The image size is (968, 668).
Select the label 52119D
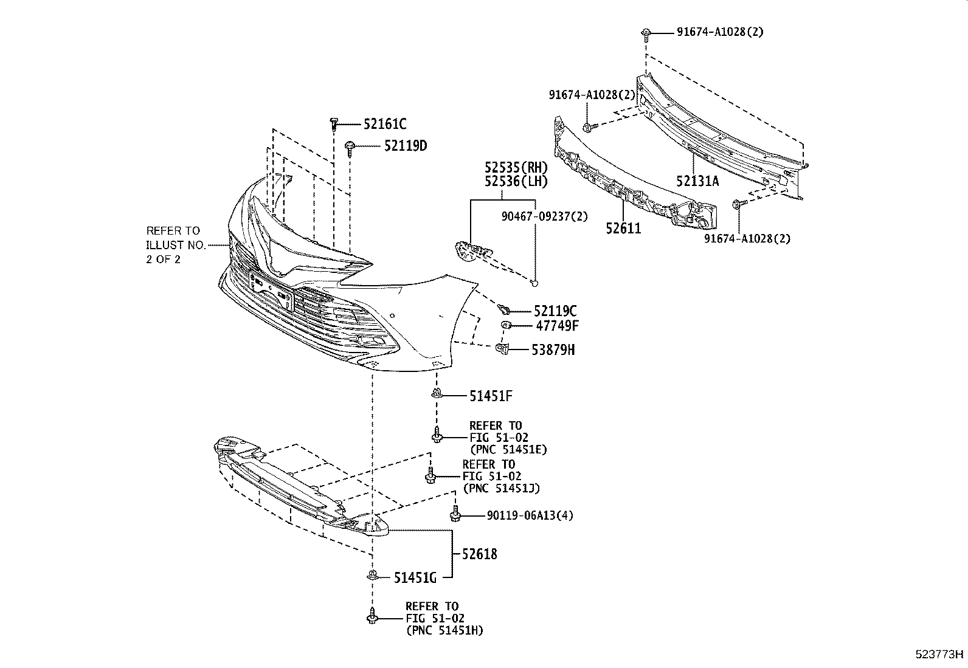tap(405, 146)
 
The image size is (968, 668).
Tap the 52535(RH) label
tap(516, 168)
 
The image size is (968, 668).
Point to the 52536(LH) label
tap(516, 181)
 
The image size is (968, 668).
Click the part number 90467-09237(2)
tap(544, 215)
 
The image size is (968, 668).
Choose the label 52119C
tap(556, 311)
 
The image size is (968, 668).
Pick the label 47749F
tap(556, 326)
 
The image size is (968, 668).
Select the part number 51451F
tap(491, 396)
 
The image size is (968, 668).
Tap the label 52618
tap(479, 554)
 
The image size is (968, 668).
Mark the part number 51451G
tap(415, 577)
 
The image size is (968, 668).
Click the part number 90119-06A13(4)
tap(530, 515)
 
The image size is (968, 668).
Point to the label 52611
tap(623, 229)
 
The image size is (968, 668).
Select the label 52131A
tap(697, 181)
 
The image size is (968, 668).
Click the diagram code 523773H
tap(940, 655)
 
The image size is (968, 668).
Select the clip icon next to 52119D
tap(351, 147)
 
